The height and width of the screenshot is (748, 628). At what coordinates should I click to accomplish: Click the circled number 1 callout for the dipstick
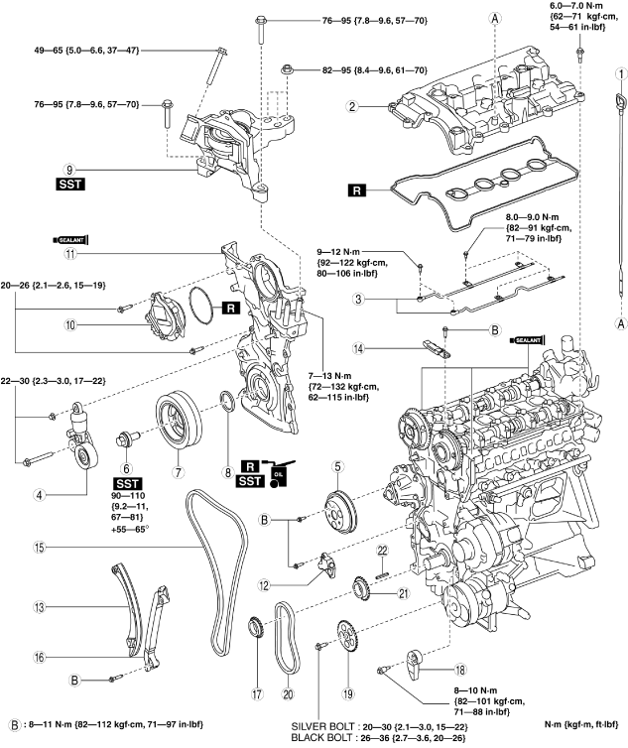[x=620, y=74]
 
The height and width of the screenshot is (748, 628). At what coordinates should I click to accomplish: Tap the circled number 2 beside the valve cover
[x=352, y=106]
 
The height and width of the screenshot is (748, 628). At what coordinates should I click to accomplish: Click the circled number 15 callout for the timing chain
[x=40, y=547]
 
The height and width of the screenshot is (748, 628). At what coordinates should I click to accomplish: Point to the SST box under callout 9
[x=71, y=184]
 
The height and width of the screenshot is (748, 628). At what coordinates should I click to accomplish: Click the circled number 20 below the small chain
[x=288, y=693]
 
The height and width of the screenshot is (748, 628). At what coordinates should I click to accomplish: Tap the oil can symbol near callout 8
[x=280, y=473]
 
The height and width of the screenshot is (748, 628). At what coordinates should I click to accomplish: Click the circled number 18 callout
[x=460, y=670]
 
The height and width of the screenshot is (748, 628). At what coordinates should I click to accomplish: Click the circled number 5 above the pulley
[x=337, y=466]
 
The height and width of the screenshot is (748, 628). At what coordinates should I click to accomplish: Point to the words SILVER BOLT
[x=322, y=726]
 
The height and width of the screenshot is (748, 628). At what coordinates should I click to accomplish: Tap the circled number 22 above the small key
[x=383, y=550]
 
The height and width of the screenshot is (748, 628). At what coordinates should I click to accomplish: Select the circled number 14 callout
[x=358, y=349]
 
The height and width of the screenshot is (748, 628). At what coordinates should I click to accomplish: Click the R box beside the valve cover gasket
[x=357, y=190]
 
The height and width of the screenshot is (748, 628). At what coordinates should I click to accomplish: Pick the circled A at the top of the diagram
[x=495, y=18]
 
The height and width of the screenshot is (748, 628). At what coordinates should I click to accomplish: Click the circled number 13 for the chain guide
[x=39, y=607]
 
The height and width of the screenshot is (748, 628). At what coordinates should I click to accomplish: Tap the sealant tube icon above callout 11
[x=71, y=239]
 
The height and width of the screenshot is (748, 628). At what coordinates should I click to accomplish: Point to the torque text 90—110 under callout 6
[x=127, y=496]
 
